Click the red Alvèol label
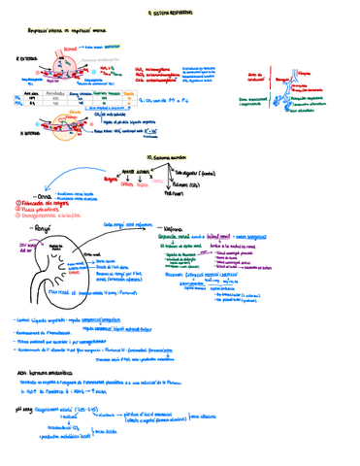(69, 47)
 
